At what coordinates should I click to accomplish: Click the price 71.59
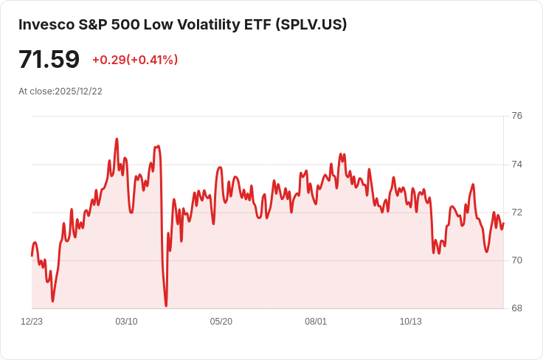[x=49, y=59]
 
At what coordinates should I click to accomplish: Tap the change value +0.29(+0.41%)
[x=135, y=60]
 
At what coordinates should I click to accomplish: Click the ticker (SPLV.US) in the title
[x=311, y=24]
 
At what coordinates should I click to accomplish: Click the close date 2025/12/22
[x=78, y=91]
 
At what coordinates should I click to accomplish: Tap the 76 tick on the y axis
[x=516, y=116]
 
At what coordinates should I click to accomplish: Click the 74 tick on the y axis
[x=516, y=164]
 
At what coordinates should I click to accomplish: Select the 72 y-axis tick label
[x=516, y=212]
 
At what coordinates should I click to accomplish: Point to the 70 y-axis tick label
[x=516, y=260]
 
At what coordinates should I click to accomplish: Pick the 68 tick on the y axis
[x=516, y=308]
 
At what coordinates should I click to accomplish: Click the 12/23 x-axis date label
[x=32, y=322]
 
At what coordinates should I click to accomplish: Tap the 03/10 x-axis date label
[x=126, y=322]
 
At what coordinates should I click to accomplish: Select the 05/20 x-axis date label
[x=221, y=322]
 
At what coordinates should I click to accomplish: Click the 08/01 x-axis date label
[x=316, y=322]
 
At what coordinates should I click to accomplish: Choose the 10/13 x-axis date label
[x=410, y=322]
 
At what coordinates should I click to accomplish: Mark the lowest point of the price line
[x=166, y=305]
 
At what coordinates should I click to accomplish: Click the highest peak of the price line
[x=117, y=139]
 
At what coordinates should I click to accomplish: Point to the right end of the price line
[x=504, y=224]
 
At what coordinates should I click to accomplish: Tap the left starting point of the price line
[x=32, y=255]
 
